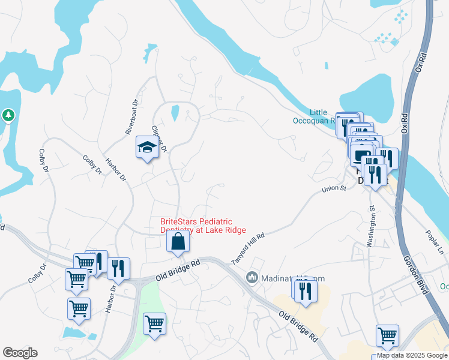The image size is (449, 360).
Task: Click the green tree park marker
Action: (x=8, y=115)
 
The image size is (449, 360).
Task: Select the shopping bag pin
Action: (x=178, y=241)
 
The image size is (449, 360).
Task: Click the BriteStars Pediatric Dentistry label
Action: (x=203, y=226)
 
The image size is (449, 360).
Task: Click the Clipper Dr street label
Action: (x=158, y=138)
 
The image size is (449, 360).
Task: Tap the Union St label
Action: (x=334, y=189)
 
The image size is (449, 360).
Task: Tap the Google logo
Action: (x=20, y=353)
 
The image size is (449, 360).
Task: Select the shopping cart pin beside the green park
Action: (x=154, y=324)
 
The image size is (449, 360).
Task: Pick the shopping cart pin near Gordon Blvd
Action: (x=387, y=335)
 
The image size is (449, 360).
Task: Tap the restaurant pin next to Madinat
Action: (x=307, y=292)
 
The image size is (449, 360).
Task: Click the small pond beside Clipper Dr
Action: (x=175, y=112)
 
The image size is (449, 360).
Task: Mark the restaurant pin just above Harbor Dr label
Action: (x=118, y=269)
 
